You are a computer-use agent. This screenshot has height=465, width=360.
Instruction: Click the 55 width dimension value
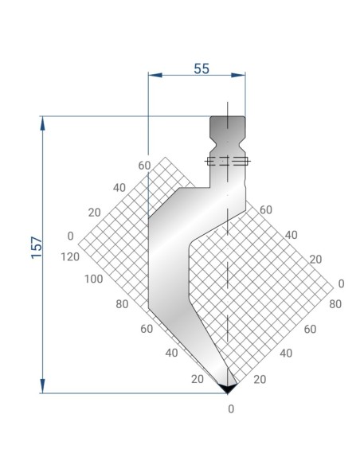click(202, 68)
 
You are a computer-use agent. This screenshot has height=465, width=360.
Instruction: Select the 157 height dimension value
click(37, 248)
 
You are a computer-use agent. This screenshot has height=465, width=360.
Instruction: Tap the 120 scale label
click(70, 256)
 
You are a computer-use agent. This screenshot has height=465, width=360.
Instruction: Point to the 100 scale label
click(93, 279)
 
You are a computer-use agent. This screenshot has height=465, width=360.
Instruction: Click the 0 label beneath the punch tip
click(231, 409)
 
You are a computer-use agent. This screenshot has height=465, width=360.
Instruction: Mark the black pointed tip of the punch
click(228, 389)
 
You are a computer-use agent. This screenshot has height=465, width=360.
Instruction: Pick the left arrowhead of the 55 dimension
click(155, 75)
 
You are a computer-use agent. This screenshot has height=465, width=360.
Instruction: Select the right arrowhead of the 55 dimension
click(238, 75)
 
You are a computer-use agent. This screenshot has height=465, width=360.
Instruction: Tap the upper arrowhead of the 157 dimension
click(42, 123)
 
